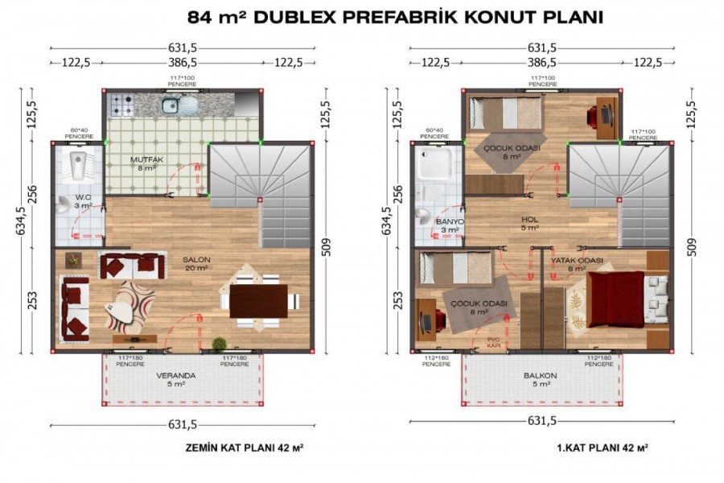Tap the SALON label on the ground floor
pos(196,259)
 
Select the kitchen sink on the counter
pos(171,105)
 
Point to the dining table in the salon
pos(258,303)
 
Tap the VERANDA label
pos(175,376)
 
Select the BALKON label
pos(539,376)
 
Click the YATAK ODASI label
pos(577,260)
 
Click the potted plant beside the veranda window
pos(218,344)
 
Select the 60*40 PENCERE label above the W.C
pos(79,132)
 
